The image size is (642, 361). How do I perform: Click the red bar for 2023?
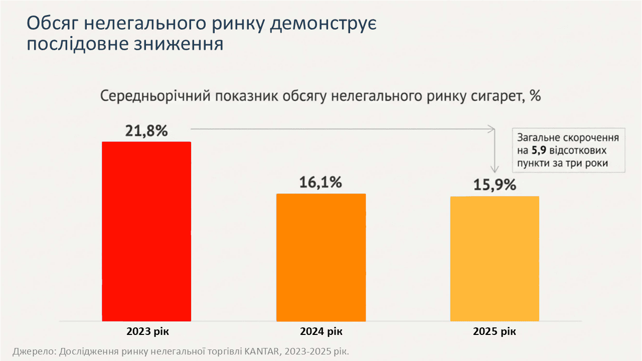[146, 231]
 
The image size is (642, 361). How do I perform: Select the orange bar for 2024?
[321, 257]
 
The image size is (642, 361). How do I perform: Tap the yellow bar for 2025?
[495, 258]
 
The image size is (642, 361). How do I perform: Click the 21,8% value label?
[146, 131]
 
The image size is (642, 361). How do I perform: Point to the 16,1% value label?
[320, 182]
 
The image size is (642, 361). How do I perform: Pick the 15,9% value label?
[495, 185]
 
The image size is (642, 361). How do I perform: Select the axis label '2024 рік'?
[321, 331]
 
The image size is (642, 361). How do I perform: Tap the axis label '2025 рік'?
[494, 331]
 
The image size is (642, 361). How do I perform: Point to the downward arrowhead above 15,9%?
[495, 169]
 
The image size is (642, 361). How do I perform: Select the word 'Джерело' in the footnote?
[34, 351]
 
